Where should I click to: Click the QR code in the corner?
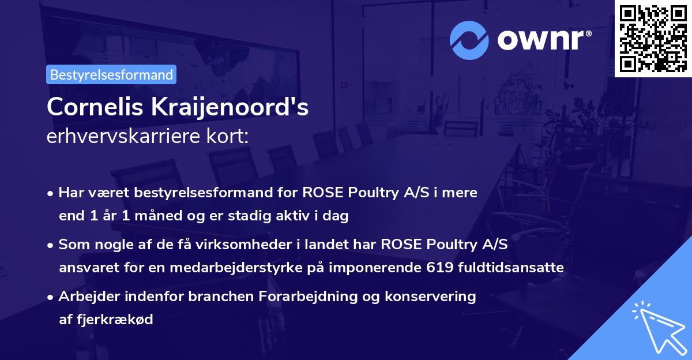pos(653,38)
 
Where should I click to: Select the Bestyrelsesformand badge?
pos(111,74)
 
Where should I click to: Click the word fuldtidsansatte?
pos(518,268)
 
